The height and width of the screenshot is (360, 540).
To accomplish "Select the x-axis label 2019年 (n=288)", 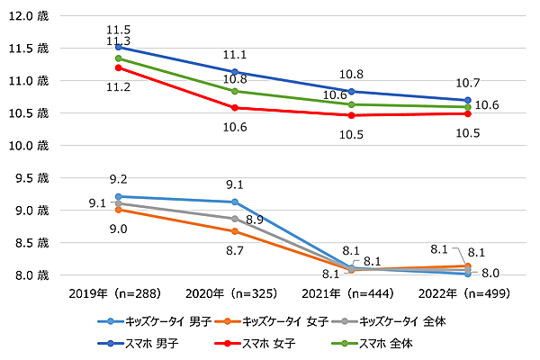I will (118, 292).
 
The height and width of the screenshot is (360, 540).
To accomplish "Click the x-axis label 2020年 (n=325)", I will (234, 292).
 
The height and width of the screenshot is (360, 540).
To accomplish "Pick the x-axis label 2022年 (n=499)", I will (466, 292).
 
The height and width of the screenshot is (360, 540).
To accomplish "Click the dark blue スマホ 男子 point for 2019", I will (119, 47).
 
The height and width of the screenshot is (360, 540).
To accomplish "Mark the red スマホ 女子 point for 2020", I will (235, 108).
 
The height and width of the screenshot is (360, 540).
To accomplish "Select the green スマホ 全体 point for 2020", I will (235, 91).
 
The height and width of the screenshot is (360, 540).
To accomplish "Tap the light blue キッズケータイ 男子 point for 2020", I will (235, 202).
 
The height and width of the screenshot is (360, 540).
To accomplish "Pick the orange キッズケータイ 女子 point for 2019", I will (119, 210).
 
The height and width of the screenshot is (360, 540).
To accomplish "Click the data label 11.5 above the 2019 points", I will (118, 29).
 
